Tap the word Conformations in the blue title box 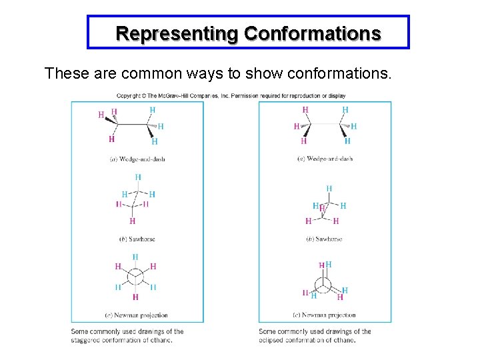point(312,33)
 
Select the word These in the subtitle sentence point(63,73)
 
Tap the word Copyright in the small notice point(131,96)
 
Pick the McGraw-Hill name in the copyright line point(178,96)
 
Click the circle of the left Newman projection point(135,276)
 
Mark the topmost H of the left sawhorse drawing point(138,177)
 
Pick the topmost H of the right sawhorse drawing point(329,189)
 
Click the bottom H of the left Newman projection point(135,297)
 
